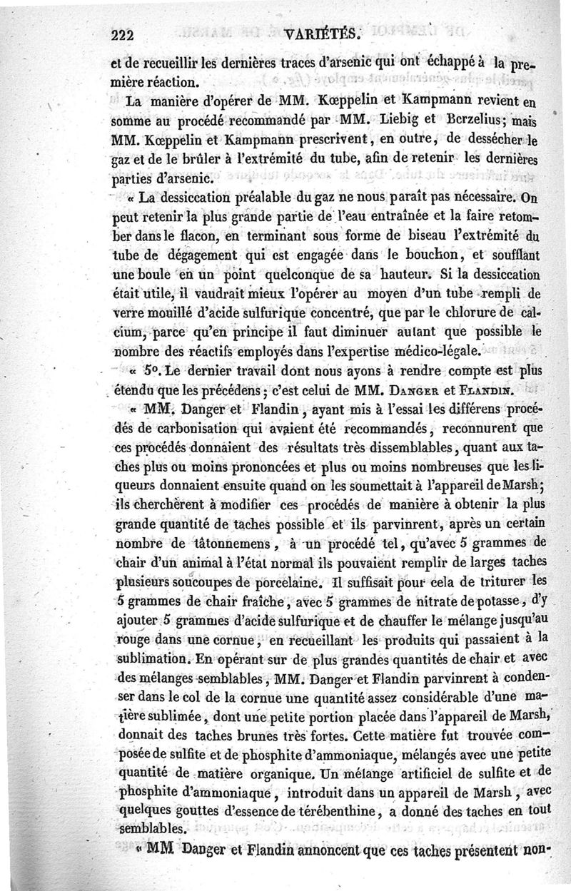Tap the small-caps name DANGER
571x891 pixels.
pyautogui.click(x=395, y=390)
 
